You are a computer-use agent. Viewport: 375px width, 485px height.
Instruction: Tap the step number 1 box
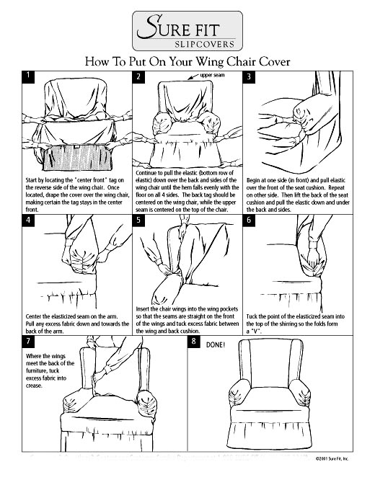pos(27,75)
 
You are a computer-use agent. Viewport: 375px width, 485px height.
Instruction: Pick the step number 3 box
pos(249,76)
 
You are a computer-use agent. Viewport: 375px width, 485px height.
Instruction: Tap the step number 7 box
pos(27,342)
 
